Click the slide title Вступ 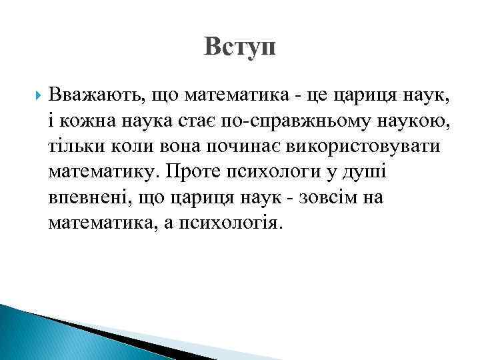(240, 47)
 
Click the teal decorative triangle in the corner (40, 333)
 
